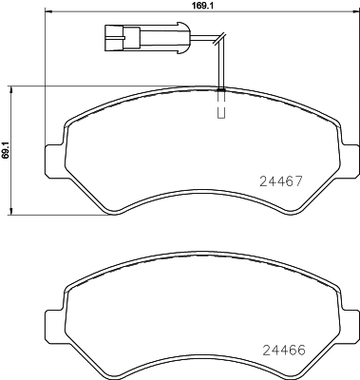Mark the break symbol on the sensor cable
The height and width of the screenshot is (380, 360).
coord(218,40)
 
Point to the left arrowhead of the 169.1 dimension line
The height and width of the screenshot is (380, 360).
coord(48,16)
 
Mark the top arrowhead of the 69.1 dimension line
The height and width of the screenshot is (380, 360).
coord(10,88)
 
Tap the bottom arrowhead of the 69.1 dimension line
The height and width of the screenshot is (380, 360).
coord(10,212)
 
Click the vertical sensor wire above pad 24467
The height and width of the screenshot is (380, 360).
coord(220,66)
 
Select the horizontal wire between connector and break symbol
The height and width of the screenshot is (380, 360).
coord(180,40)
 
